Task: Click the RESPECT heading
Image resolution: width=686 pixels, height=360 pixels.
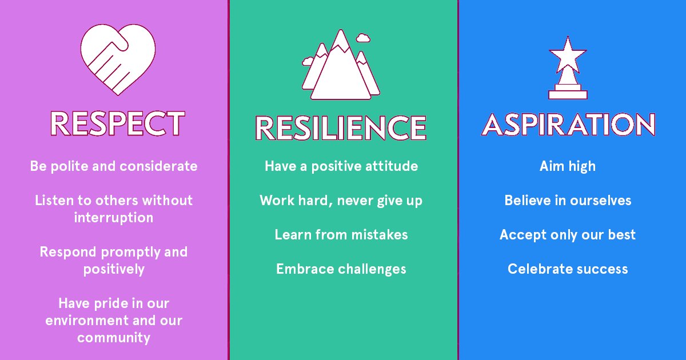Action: (117, 123)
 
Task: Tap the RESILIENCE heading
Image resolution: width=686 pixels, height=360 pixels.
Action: (341, 128)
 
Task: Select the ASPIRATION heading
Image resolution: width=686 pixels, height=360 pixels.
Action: (568, 124)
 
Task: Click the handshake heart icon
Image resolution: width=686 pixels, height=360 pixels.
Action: (117, 59)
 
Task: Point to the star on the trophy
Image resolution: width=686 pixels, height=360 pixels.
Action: (568, 54)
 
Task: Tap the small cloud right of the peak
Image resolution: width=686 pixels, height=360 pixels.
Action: (362, 38)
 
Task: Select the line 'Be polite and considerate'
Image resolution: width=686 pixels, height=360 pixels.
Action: (114, 166)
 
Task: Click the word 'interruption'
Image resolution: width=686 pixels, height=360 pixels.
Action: (114, 218)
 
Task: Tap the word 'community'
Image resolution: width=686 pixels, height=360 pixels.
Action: (114, 338)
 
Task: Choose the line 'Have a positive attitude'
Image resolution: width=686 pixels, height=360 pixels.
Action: (341, 166)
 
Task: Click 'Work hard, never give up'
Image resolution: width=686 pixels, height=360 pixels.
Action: (341, 201)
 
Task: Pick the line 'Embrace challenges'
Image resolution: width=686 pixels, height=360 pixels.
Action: (341, 269)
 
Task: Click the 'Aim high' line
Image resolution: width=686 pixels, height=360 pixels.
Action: (568, 166)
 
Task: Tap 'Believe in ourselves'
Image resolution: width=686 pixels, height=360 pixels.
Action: (568, 201)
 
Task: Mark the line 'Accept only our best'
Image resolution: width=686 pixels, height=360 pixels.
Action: (568, 235)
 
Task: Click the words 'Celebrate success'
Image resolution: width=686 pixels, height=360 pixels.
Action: (568, 269)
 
